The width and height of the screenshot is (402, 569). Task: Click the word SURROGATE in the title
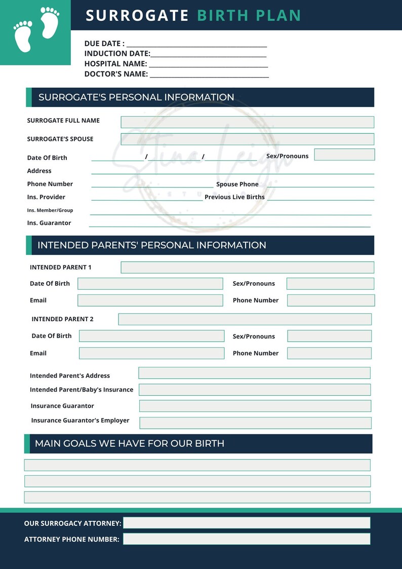(x=137, y=16)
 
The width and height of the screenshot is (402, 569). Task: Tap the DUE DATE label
(x=104, y=44)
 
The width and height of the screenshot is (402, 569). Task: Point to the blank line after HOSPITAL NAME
(x=208, y=64)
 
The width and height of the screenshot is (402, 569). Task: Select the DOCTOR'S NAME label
(x=116, y=74)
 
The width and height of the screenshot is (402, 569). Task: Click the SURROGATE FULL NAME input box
(x=247, y=122)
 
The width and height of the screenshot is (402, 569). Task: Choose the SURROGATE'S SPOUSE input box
(x=247, y=139)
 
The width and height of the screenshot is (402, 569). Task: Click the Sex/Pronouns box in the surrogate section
(x=344, y=155)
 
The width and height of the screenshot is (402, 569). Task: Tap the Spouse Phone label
(x=237, y=184)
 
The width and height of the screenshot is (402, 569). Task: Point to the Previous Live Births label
(x=234, y=197)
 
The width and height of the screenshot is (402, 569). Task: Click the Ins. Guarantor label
(x=49, y=223)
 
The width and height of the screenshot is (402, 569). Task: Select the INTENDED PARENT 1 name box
(x=247, y=268)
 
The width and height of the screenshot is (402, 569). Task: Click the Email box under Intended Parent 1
(x=150, y=300)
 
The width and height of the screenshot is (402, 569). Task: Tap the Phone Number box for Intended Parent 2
(x=329, y=353)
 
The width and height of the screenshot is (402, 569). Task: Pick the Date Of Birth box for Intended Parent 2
(x=151, y=336)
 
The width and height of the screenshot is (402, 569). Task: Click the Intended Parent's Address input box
(x=254, y=373)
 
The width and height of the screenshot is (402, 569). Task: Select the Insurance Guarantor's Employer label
(x=80, y=421)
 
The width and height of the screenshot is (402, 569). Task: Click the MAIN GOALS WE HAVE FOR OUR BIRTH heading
(x=130, y=443)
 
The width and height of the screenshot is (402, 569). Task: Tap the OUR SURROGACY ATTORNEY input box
(x=247, y=523)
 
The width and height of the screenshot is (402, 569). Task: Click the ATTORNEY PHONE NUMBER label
(x=72, y=540)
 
